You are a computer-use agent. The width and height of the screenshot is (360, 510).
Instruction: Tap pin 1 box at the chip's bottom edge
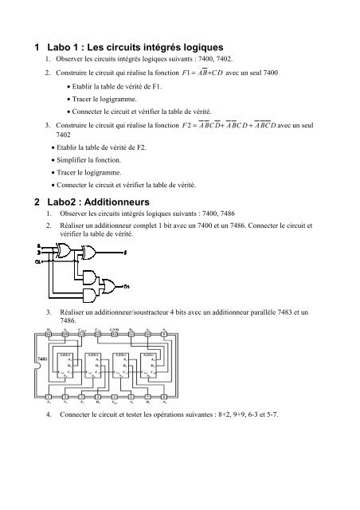pos(49,397)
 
